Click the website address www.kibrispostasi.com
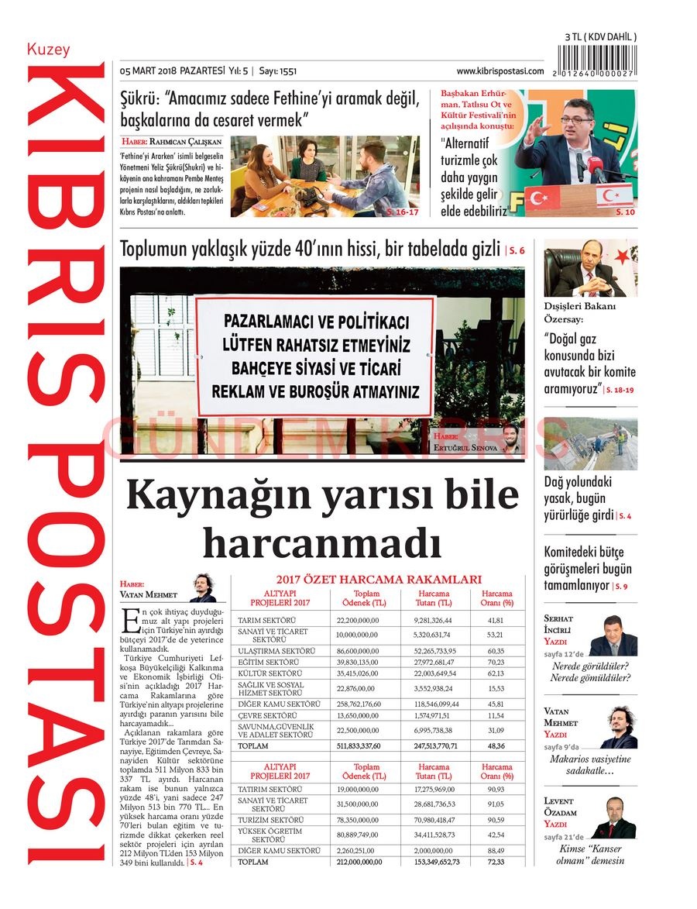(500, 71)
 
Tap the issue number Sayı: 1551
(278, 71)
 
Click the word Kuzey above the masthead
(48, 50)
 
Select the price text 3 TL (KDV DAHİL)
(600, 37)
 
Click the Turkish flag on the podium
(542, 198)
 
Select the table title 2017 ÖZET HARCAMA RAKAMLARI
(379, 580)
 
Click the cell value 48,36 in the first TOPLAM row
(496, 745)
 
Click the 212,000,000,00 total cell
(359, 862)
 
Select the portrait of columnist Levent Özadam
(613, 818)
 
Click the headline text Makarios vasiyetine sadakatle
(590, 765)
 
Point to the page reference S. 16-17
(402, 211)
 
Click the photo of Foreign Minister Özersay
(590, 268)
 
